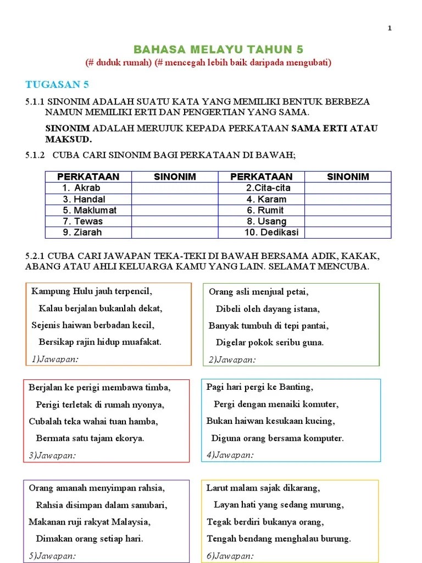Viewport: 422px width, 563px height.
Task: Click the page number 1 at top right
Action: (390, 29)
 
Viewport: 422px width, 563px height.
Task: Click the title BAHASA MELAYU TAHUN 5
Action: (219, 49)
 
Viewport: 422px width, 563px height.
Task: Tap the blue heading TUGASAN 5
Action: (57, 84)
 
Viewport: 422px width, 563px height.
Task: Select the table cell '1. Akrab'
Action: (81, 188)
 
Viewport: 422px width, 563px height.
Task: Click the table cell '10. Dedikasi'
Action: (271, 232)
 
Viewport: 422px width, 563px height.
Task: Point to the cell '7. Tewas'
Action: (82, 221)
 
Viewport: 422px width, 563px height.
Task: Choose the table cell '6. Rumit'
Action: (265, 210)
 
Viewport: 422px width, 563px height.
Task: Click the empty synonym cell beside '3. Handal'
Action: (175, 199)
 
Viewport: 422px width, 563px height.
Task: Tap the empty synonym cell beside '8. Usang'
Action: (348, 221)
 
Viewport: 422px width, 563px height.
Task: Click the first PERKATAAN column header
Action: (88, 176)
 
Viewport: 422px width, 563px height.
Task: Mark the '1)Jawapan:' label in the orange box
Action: (55, 359)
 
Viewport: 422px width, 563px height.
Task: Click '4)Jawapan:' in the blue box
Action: (230, 455)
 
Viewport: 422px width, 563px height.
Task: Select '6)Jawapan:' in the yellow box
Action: (230, 556)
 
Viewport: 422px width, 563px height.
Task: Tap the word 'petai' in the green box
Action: (297, 291)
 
